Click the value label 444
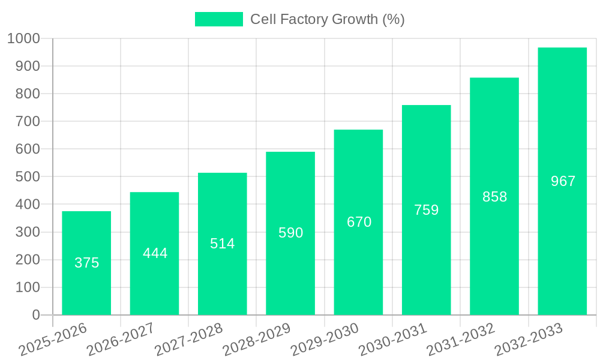tap(155, 253)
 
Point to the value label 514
tap(223, 244)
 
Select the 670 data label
tap(359, 222)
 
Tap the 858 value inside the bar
tap(494, 197)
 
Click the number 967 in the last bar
tap(563, 181)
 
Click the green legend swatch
tap(219, 19)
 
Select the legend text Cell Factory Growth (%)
tap(327, 19)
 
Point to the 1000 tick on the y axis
tap(23, 38)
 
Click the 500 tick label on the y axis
tap(28, 177)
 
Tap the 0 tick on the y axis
tap(36, 315)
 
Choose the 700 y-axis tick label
tap(28, 121)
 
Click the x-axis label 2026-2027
tap(121, 340)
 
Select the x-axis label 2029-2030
tap(325, 340)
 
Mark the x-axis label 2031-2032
tap(461, 340)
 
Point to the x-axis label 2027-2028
tap(188, 340)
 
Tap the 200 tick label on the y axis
tap(28, 260)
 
